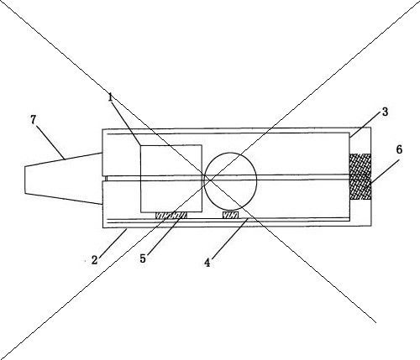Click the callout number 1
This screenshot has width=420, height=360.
click(110, 97)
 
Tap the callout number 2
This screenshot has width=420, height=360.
click(95, 260)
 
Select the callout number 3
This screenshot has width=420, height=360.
click(385, 112)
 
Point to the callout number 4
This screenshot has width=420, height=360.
click(207, 263)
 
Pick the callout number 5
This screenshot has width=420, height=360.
click(143, 258)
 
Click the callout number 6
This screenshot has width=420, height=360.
click(399, 149)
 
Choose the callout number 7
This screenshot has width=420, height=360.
click(34, 120)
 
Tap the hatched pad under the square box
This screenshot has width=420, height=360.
click(171, 216)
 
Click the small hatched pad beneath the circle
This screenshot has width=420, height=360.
click(230, 215)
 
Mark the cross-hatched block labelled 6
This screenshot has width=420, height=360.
click(360, 176)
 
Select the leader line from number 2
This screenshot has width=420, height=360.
click(113, 243)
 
